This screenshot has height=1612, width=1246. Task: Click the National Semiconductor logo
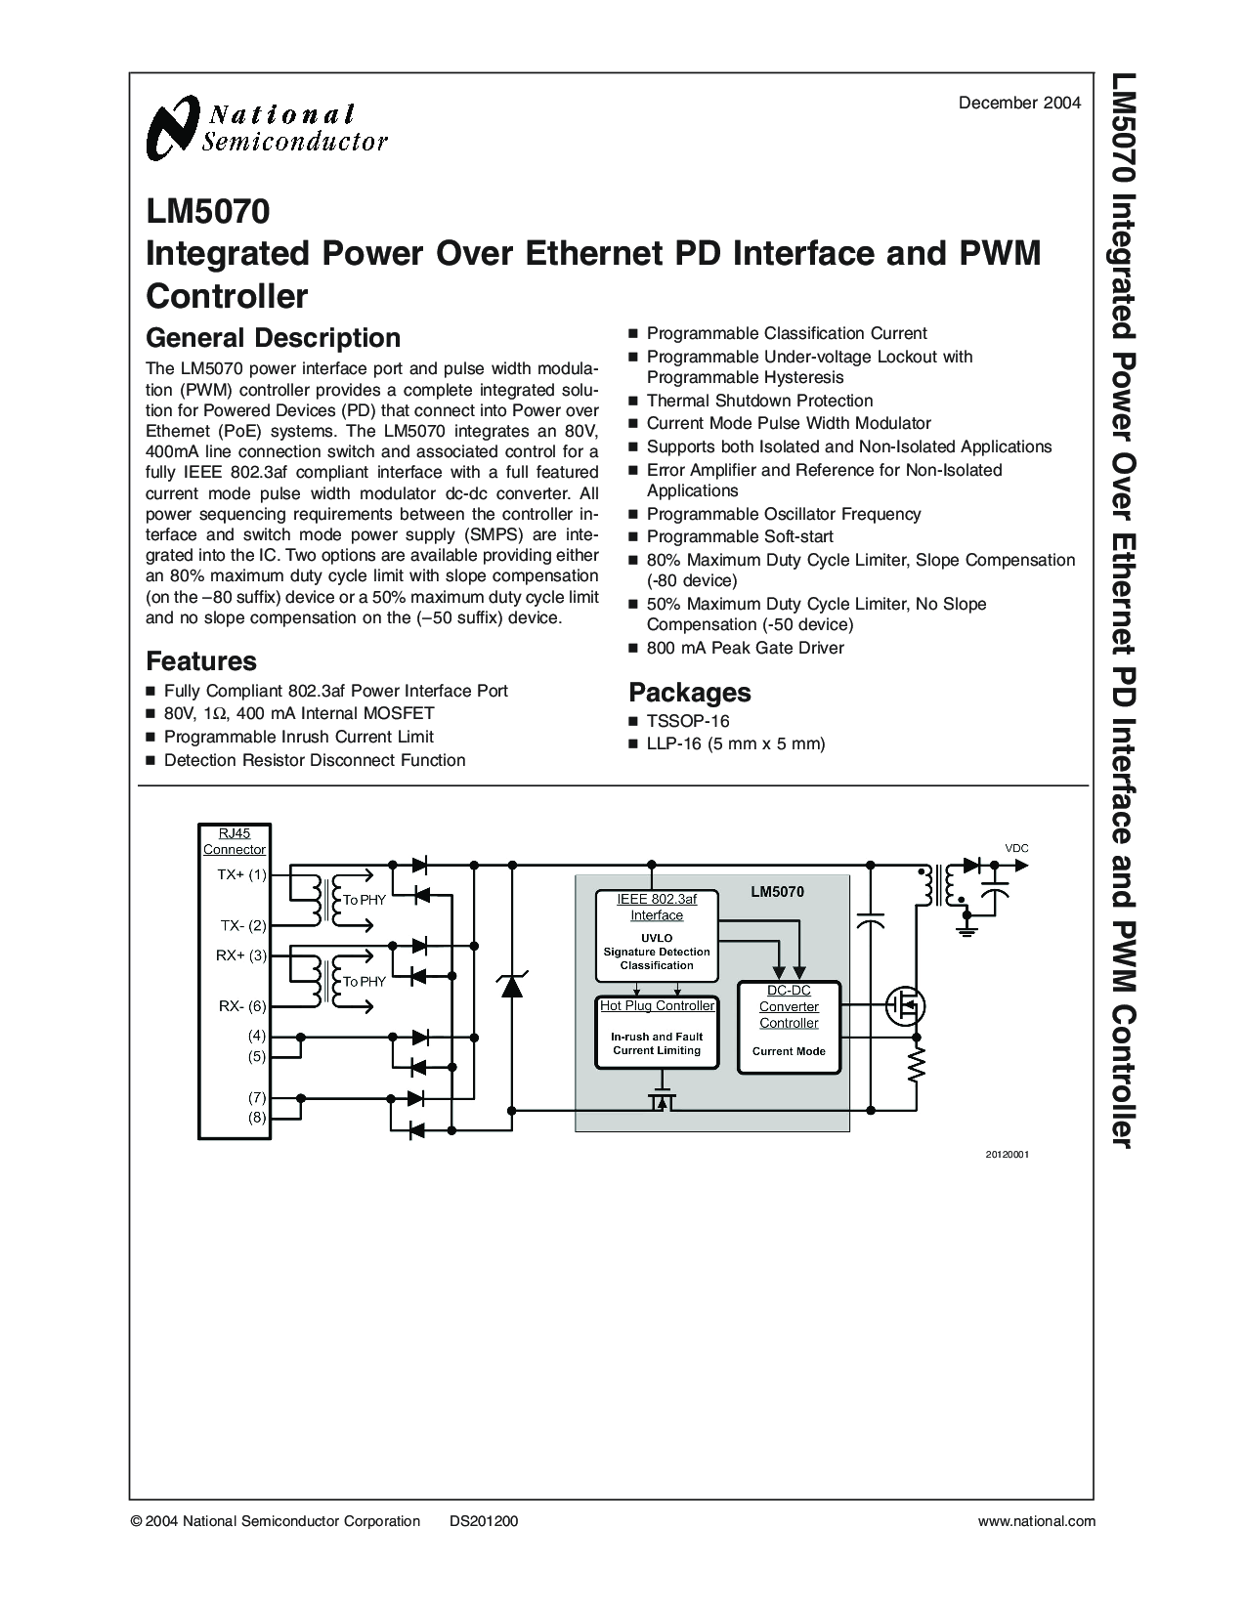(267, 128)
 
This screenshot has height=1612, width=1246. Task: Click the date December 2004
(1019, 104)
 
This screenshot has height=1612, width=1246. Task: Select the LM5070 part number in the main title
(208, 211)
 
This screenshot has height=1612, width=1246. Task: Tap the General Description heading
(273, 338)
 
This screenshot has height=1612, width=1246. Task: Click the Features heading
(201, 661)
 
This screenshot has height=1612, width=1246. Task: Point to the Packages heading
(689, 692)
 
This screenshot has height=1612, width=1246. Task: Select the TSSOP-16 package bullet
(688, 721)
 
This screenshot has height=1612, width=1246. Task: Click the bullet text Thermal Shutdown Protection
(760, 401)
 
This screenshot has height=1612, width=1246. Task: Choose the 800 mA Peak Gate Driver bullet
(745, 648)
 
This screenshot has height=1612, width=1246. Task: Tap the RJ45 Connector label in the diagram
(235, 841)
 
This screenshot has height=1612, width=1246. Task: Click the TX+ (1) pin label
(242, 874)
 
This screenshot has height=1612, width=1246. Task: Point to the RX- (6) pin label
(242, 1006)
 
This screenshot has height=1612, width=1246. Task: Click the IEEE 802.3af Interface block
(657, 936)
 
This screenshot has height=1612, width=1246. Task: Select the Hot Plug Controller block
(657, 1033)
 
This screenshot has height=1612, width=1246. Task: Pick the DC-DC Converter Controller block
(789, 1028)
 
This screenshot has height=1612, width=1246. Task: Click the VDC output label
(1016, 849)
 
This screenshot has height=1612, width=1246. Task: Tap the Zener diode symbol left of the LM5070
(511, 985)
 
